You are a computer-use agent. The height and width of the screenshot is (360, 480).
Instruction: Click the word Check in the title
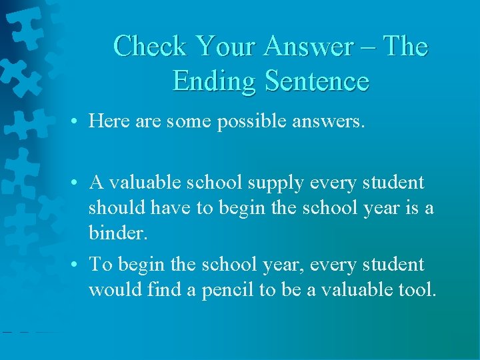pyautogui.click(x=151, y=47)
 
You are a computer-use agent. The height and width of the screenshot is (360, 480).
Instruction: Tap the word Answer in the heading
pyautogui.click(x=309, y=47)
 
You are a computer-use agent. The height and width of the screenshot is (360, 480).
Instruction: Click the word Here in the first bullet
pyautogui.click(x=109, y=121)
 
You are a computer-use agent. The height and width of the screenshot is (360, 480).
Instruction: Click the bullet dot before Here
pyautogui.click(x=79, y=121)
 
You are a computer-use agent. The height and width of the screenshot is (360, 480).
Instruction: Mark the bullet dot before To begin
pyautogui.click(x=79, y=265)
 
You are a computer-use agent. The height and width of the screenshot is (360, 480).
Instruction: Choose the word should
pyautogui.click(x=117, y=208)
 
